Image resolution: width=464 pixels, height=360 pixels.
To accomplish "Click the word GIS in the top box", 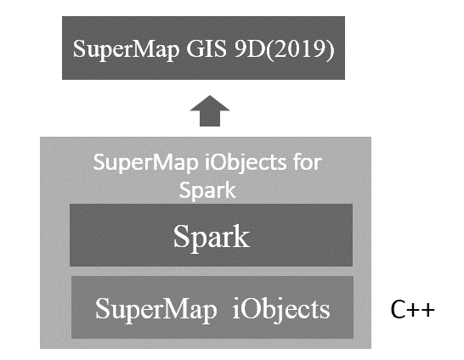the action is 206,48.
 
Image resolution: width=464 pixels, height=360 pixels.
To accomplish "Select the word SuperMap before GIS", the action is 126,50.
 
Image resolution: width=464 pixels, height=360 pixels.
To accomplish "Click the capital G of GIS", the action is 194,48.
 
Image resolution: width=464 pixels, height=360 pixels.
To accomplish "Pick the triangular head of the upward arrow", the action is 210,104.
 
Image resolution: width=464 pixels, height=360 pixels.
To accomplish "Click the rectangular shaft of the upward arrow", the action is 210,119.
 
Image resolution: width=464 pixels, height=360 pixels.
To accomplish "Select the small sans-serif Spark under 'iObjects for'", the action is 207,191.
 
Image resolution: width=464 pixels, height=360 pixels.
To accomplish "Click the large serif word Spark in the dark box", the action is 212,238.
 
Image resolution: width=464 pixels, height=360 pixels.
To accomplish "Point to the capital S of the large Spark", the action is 181,236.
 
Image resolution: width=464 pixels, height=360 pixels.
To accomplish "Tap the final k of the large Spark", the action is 241,236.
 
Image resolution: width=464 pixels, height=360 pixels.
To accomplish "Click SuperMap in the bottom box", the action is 156,310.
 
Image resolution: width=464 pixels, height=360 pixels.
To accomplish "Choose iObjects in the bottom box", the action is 281,310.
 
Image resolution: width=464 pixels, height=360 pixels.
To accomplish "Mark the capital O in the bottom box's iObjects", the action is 251,309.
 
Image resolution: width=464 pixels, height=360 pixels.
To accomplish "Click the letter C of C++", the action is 398,309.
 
